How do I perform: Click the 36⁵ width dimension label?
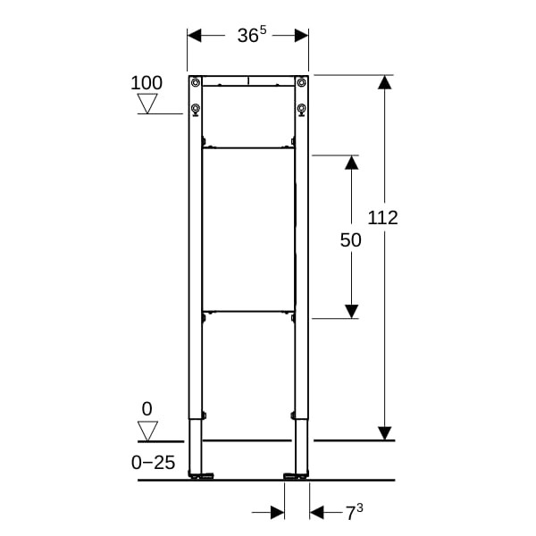(252, 35)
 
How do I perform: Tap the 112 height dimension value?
(383, 218)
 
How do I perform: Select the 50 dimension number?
(351, 240)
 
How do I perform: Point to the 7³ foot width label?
(354, 513)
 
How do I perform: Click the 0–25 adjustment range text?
(153, 463)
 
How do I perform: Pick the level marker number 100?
(147, 83)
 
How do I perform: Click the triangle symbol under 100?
(147, 104)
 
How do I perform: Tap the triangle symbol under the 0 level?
(147, 431)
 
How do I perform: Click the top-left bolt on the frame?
(195, 82)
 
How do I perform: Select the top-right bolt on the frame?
(302, 82)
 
